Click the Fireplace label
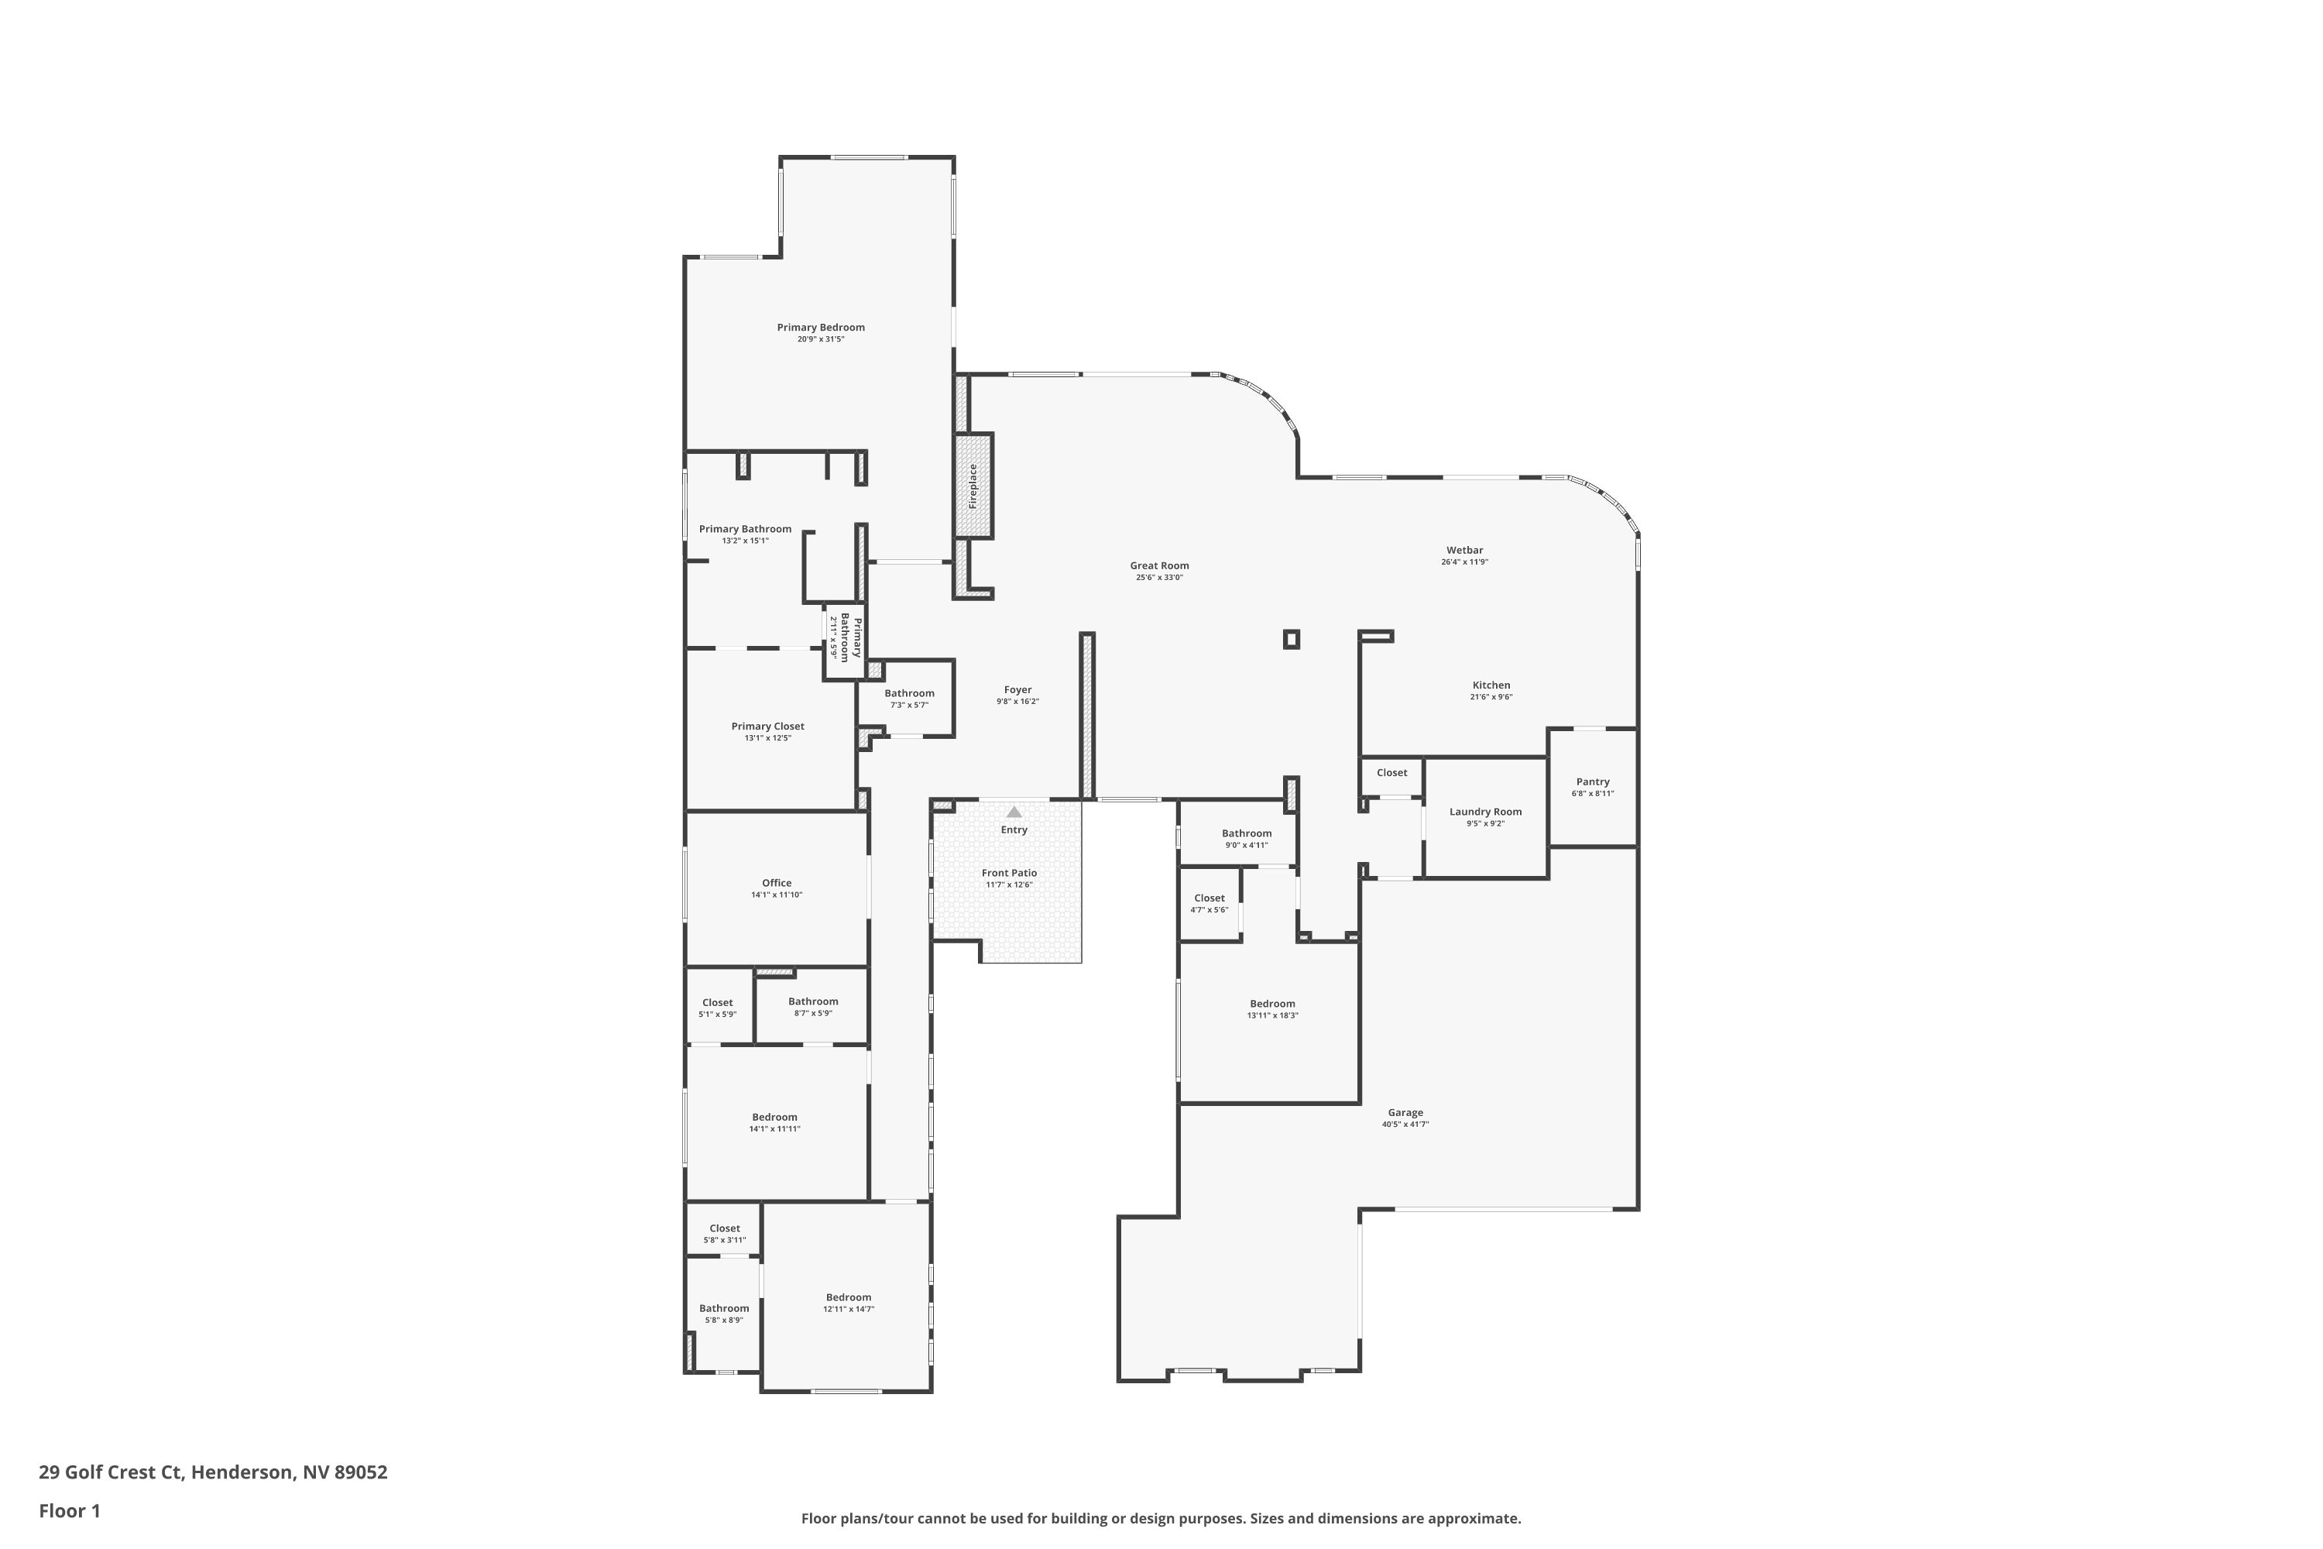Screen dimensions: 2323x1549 pos(973,486)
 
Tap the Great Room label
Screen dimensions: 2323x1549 pos(1159,566)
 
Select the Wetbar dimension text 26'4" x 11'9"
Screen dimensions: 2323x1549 pos(1465,562)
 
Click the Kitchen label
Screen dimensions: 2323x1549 pos(1491,685)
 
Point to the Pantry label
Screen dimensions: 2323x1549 pos(1593,781)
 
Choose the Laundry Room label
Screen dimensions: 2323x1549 pos(1485,812)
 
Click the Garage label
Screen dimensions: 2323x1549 pos(1405,1112)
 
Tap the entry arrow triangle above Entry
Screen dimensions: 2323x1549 pos(1014,812)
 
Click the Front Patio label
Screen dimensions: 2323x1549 pos(1010,874)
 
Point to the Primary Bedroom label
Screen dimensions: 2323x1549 pos(821,328)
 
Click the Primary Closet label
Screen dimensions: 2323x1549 pos(767,726)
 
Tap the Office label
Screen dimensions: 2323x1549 pos(777,883)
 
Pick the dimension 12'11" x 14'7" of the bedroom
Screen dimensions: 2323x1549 pos(849,1309)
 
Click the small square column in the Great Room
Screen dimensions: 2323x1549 pos(1291,639)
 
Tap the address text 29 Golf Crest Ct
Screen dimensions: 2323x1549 pos(111,1472)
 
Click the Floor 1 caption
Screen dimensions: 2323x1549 pos(69,1510)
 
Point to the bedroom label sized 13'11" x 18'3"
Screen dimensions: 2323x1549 pos(1272,1004)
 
